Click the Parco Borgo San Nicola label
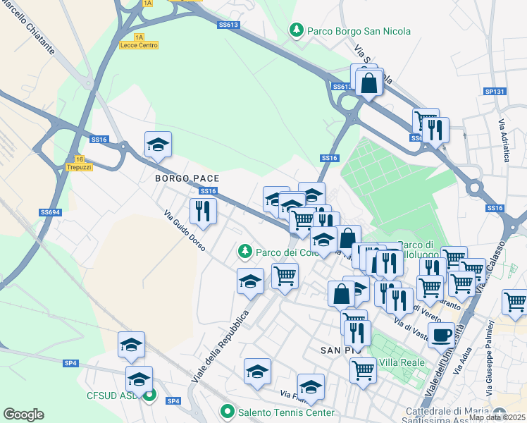point(358,31)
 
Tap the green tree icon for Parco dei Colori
point(244,250)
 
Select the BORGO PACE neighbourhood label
point(187,178)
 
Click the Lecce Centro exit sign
point(139,44)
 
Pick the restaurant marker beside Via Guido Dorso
point(203,210)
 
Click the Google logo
point(23,415)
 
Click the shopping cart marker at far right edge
point(515,301)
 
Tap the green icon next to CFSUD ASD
point(149,396)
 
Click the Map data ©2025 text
point(497,417)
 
